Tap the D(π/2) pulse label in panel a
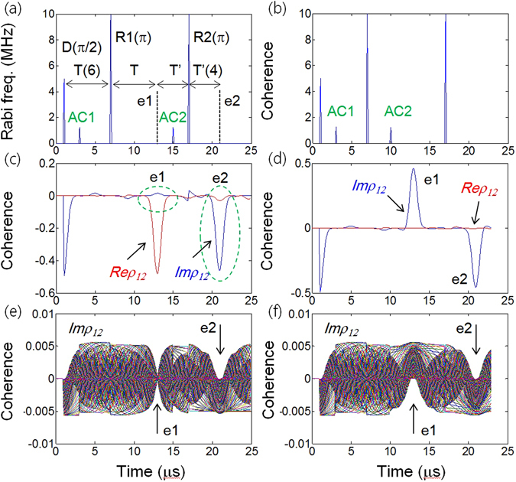tap(83, 50)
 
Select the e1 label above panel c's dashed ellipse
tap(158, 178)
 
